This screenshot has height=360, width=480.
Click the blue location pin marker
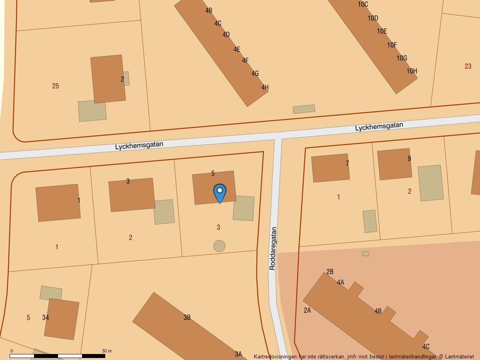click(220, 193)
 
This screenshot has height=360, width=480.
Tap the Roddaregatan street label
click(273, 249)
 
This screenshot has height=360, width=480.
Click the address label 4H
click(265, 87)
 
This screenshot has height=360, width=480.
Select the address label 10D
click(373, 18)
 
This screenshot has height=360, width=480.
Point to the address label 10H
click(412, 71)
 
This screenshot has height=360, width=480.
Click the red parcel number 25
click(56, 86)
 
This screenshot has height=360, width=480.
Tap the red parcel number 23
click(468, 66)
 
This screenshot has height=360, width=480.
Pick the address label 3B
click(187, 318)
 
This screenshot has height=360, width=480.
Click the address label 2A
click(307, 310)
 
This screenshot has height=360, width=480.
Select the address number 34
click(46, 318)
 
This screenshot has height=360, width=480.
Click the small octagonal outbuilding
click(219, 246)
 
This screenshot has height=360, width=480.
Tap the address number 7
click(347, 163)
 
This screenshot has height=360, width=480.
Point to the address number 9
click(409, 159)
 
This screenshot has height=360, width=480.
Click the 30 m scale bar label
click(106, 351)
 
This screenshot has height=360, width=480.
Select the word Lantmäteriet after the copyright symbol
click(459, 356)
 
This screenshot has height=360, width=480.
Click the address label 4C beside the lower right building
click(426, 346)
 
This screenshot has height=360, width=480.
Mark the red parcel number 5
click(28, 318)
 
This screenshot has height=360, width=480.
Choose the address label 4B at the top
click(208, 10)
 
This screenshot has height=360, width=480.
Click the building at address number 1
click(58, 202)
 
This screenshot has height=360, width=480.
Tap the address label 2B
click(330, 272)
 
